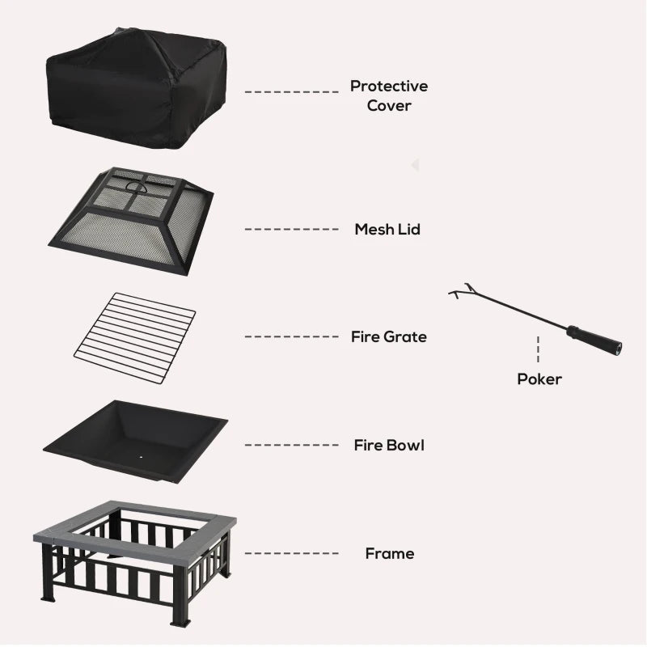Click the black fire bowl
point(133,441)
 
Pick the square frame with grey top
point(133,558)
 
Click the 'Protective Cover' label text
point(389,95)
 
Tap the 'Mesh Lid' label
point(387,230)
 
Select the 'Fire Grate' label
point(389,336)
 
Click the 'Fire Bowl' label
point(389,445)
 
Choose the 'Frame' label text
point(389,554)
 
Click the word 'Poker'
point(539,378)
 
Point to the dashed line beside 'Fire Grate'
point(291,336)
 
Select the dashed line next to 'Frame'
point(291,554)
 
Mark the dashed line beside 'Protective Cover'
point(291,92)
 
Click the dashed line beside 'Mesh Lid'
point(291,230)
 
